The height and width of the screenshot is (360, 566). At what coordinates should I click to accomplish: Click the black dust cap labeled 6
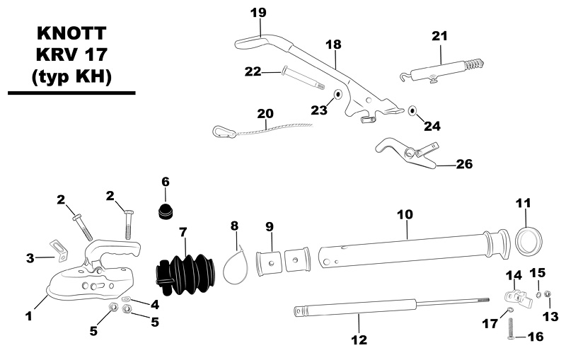[x=168, y=209]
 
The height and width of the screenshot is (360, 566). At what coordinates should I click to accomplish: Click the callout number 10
[x=405, y=213]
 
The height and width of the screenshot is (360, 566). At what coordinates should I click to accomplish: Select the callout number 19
[x=258, y=12]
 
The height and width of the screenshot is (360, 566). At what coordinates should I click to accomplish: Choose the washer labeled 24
[x=412, y=110]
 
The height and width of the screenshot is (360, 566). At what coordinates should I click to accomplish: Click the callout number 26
[x=464, y=165]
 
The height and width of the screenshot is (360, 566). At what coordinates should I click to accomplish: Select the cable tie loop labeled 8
[x=236, y=264]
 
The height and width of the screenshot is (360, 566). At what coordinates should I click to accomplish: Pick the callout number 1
[x=29, y=317]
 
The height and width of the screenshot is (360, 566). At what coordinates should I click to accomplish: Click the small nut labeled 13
[x=548, y=294]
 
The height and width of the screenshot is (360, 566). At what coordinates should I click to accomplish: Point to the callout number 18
[x=333, y=44]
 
